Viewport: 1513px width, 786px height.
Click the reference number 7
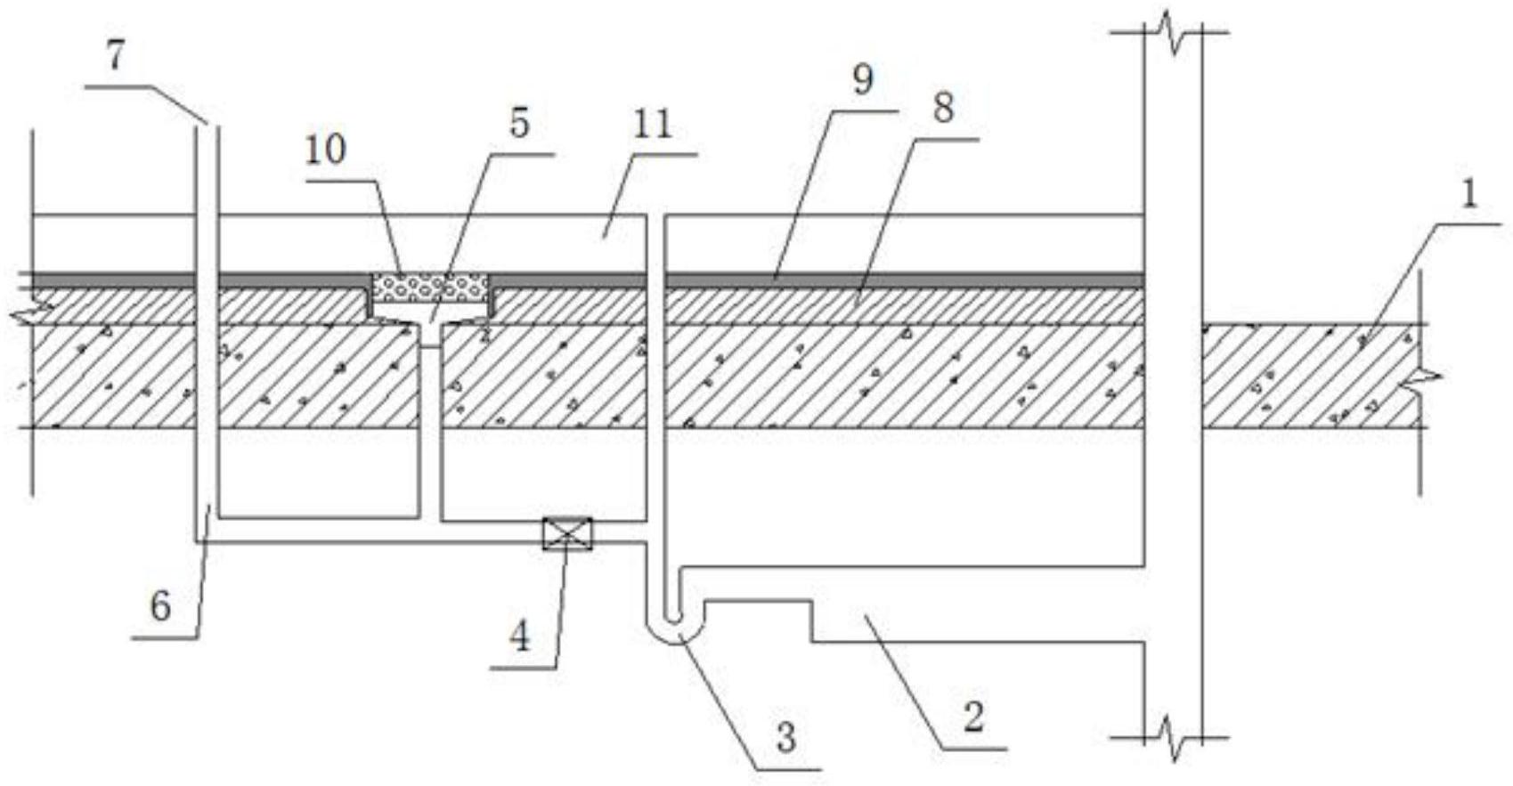[x=117, y=57]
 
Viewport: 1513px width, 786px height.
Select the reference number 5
[x=519, y=124]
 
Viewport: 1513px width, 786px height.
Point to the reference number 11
[x=652, y=125]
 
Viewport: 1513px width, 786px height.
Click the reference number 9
[x=862, y=81]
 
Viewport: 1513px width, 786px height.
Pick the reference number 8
[x=942, y=109]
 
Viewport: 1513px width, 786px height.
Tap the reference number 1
[x=1468, y=195]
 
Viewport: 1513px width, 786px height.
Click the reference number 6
[x=160, y=607]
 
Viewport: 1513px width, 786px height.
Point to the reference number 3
[x=785, y=738]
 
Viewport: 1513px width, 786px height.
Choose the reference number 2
[x=973, y=717]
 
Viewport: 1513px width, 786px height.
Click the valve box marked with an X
[x=567, y=533]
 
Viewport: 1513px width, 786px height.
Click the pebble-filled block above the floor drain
[x=430, y=287]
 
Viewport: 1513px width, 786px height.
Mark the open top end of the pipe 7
[x=206, y=126]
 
